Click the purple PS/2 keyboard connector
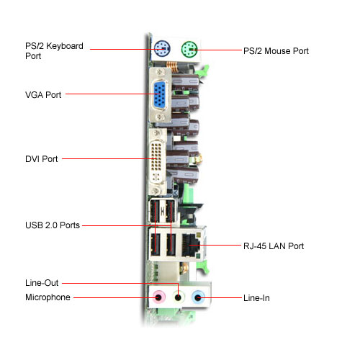(x=162, y=49)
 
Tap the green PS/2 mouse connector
(x=189, y=50)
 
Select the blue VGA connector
(x=160, y=94)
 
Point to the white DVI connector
(x=157, y=160)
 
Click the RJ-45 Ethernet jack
(x=191, y=245)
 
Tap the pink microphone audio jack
(x=158, y=297)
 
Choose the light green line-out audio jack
(x=178, y=297)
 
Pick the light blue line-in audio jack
(x=198, y=297)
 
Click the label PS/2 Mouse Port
(x=276, y=51)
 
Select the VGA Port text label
(x=43, y=95)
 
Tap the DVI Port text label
(x=42, y=159)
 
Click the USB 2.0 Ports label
(x=53, y=225)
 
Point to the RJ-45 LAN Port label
(x=274, y=246)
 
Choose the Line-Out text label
(x=42, y=283)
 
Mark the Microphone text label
(x=48, y=297)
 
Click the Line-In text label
(x=256, y=298)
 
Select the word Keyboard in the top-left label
(x=65, y=46)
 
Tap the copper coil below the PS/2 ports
(x=171, y=66)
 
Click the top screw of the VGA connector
(x=160, y=72)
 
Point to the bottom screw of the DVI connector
(x=156, y=191)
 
